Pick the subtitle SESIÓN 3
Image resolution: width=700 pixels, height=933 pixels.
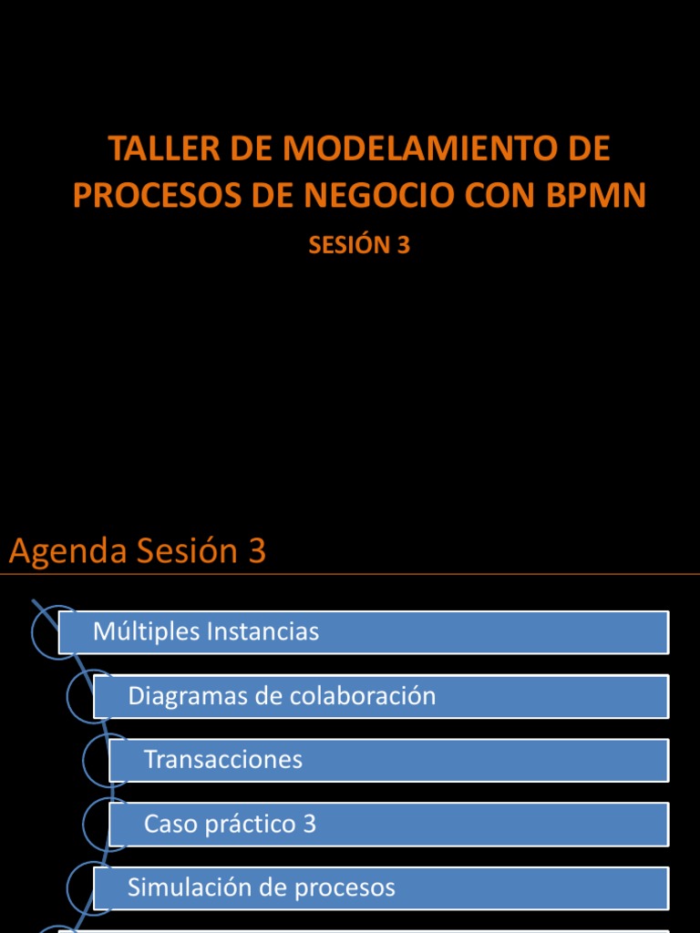click(359, 245)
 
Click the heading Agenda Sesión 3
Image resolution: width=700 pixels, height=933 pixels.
click(138, 551)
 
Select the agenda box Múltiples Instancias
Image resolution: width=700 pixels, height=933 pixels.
click(364, 631)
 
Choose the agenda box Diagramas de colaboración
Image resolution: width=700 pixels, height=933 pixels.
click(381, 696)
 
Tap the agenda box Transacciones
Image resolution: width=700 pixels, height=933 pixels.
click(389, 760)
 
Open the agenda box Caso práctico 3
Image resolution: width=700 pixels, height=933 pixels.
click(389, 824)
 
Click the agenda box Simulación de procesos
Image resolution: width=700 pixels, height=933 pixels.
click(381, 887)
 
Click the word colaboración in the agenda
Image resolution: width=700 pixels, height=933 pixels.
click(362, 696)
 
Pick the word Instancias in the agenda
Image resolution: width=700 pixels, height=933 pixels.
click(263, 631)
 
